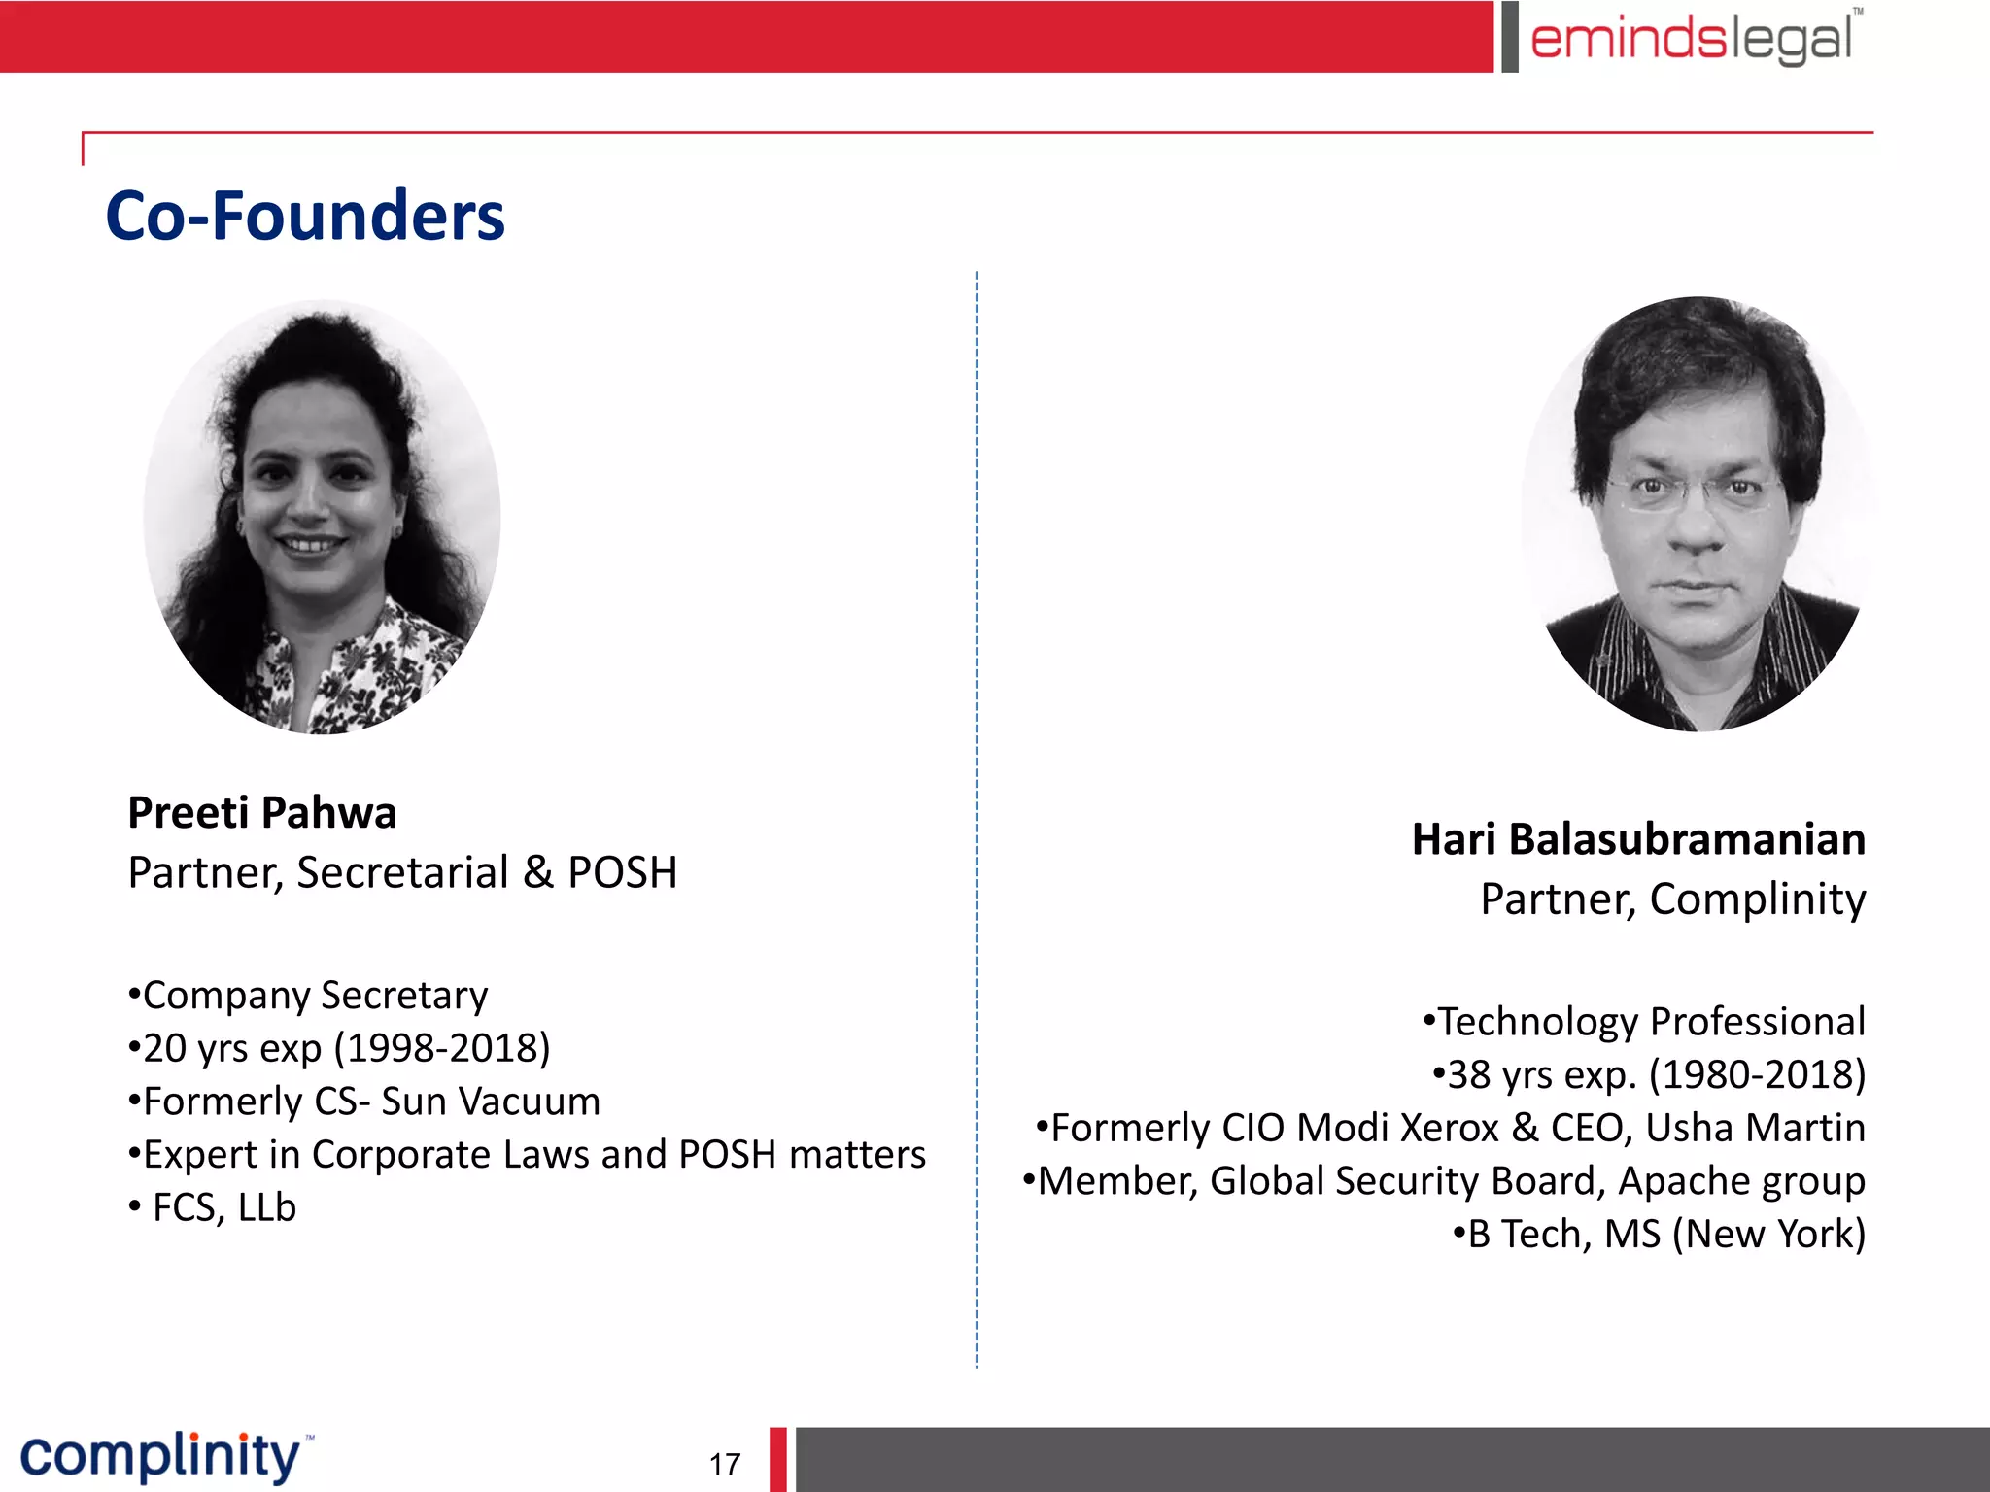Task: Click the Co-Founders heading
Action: (x=305, y=216)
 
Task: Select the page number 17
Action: (x=725, y=1464)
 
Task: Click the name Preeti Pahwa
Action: (x=262, y=813)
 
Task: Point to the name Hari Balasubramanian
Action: (x=1638, y=839)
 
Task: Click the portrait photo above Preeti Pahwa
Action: (x=323, y=517)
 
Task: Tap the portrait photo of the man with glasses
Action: (x=1698, y=515)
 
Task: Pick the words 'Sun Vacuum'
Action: (x=491, y=1102)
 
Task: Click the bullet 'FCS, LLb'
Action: (x=223, y=1207)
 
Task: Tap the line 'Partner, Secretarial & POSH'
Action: (x=402, y=872)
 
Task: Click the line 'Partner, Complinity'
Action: (x=1672, y=899)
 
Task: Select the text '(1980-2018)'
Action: (x=1758, y=1074)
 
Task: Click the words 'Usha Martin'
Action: (x=1755, y=1128)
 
